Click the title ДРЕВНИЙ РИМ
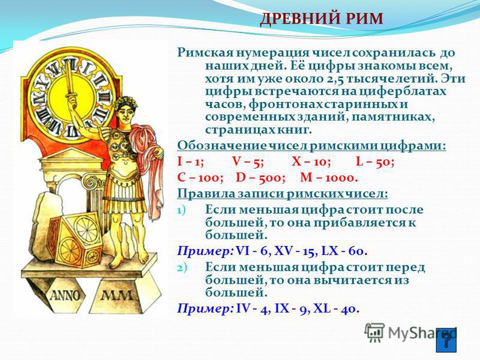(x=322, y=19)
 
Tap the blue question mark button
(x=446, y=340)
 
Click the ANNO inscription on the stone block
(x=65, y=295)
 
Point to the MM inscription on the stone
(x=117, y=295)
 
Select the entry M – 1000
(x=329, y=178)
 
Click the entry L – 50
(x=376, y=161)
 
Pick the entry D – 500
(x=260, y=178)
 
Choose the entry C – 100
(x=200, y=178)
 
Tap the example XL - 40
(x=335, y=308)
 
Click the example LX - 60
(x=344, y=251)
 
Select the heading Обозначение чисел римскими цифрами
(x=311, y=145)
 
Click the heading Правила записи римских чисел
(x=283, y=194)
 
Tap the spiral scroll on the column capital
(x=91, y=183)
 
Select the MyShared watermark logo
(x=410, y=333)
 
